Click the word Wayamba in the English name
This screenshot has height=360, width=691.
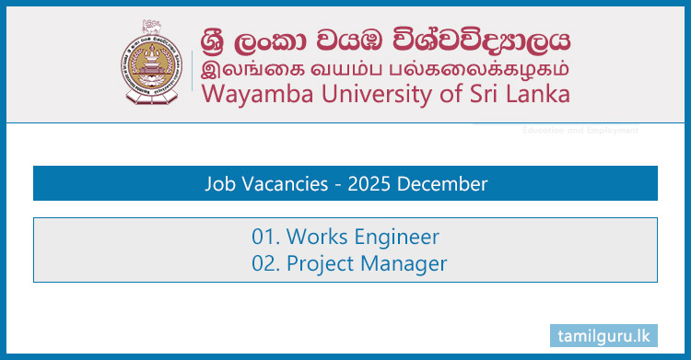(248, 94)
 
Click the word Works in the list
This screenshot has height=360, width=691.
(314, 237)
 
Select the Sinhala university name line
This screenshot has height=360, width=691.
(384, 40)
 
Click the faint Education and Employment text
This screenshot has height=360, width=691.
(580, 131)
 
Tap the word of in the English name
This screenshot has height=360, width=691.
(447, 94)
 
